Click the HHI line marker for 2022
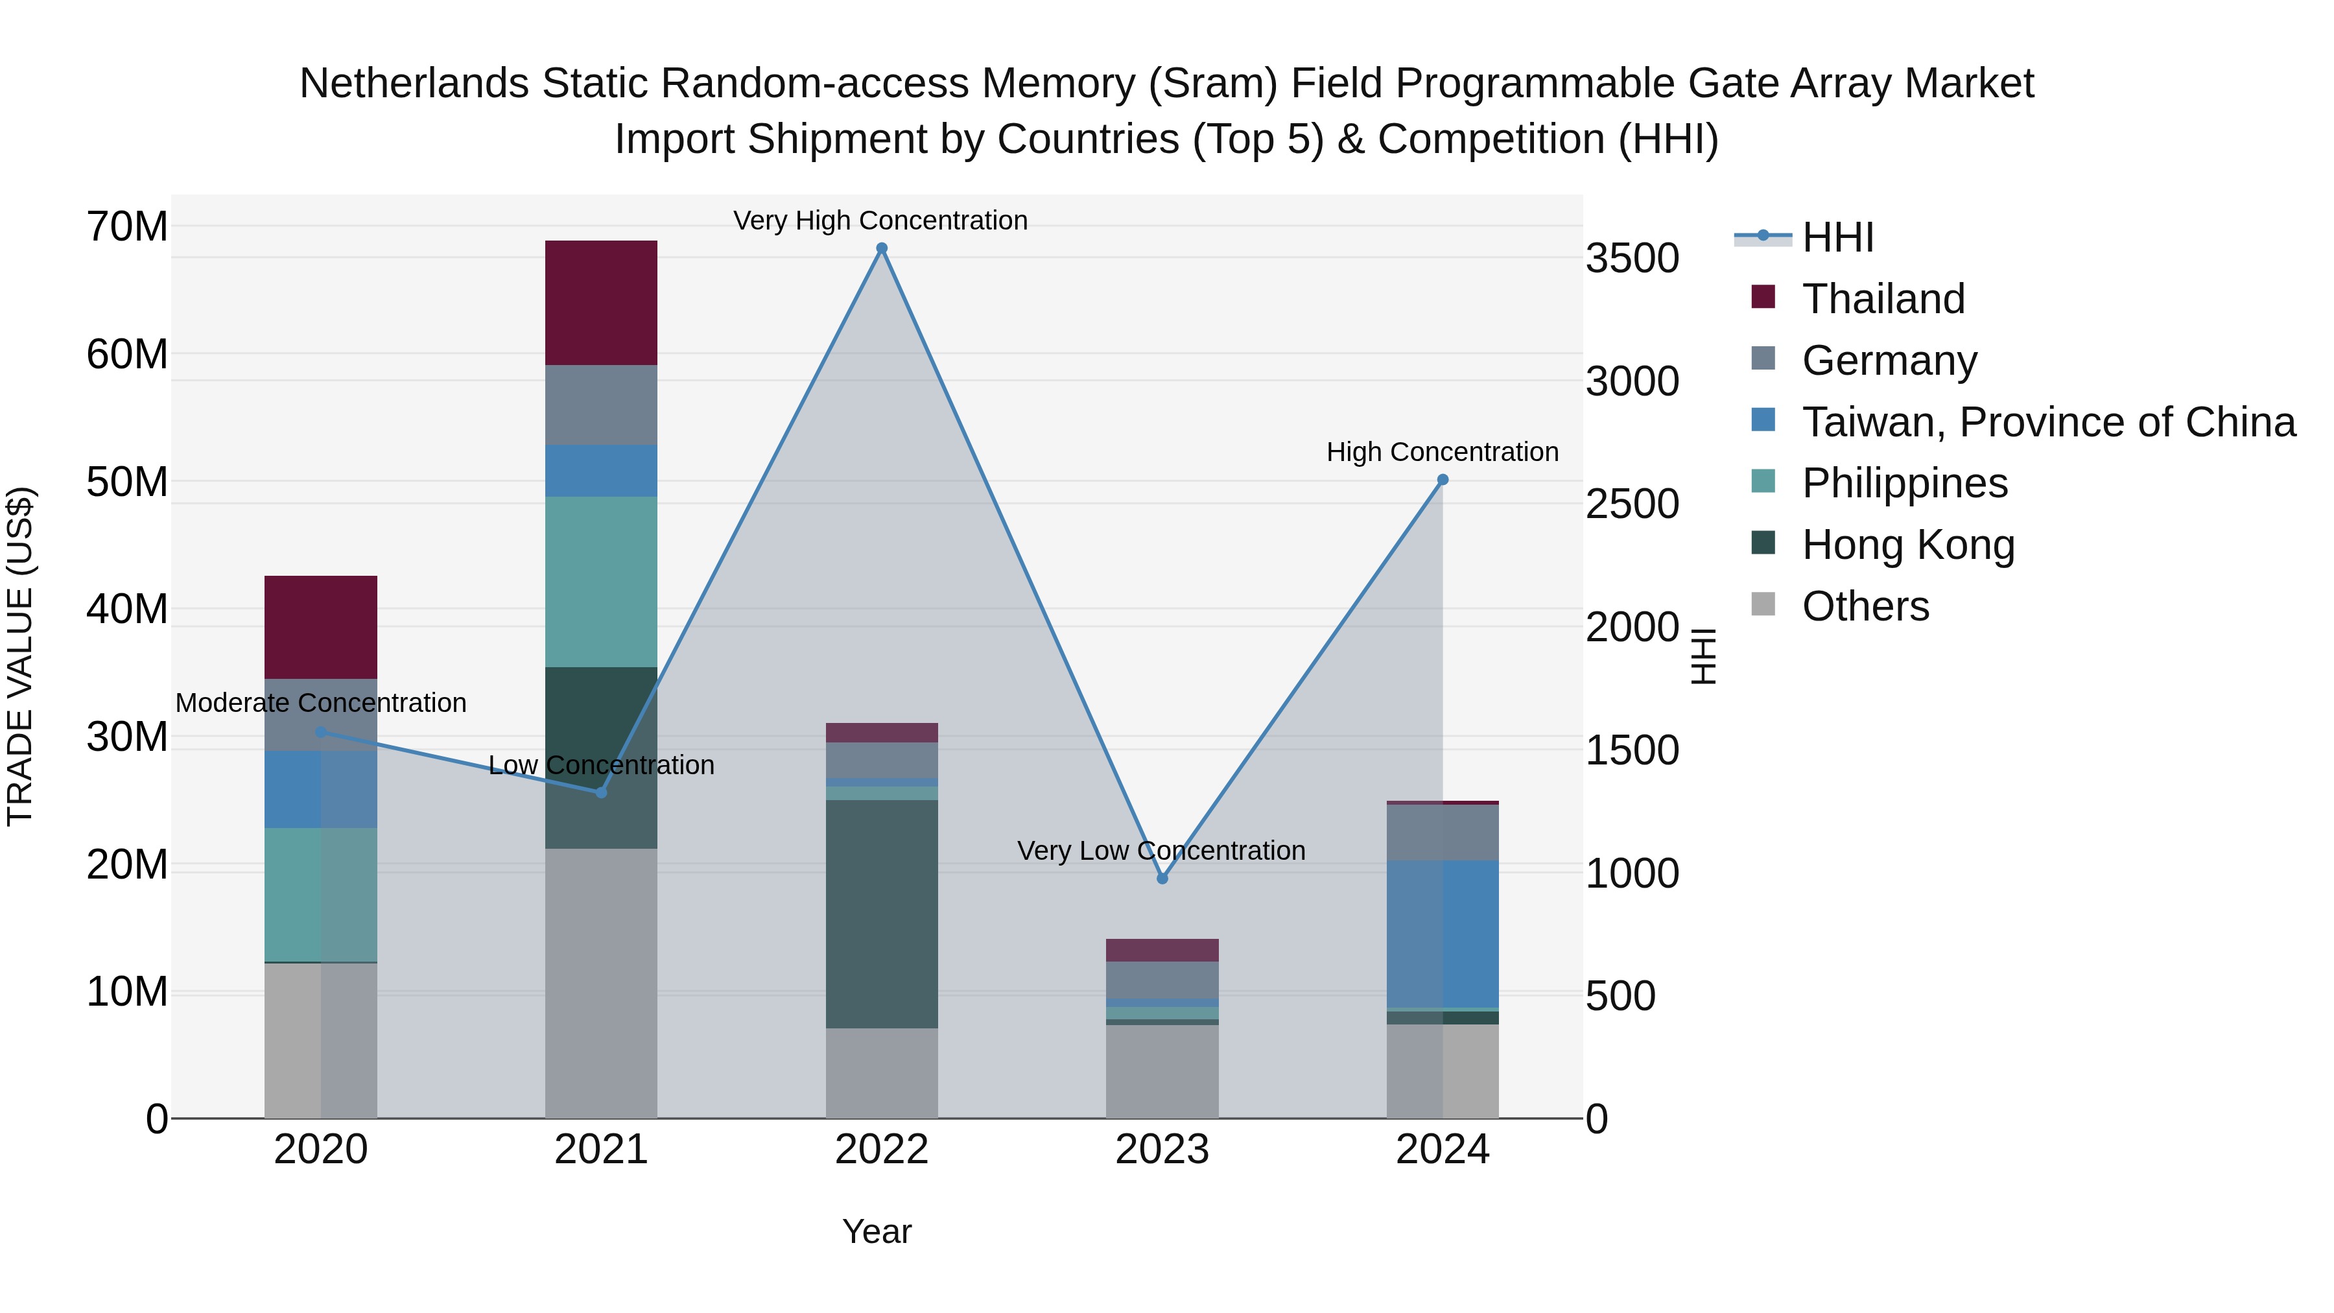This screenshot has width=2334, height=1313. click(x=882, y=248)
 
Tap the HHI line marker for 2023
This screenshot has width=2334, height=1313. click(x=1162, y=878)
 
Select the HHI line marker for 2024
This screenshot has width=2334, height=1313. click(x=1443, y=480)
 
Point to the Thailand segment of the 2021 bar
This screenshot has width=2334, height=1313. click(x=601, y=303)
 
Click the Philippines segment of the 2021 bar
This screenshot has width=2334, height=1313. click(x=601, y=582)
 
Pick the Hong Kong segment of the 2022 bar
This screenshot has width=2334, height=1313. click(x=882, y=914)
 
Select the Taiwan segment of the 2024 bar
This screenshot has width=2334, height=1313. click(x=1443, y=933)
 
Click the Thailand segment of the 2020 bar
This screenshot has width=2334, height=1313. click(x=321, y=627)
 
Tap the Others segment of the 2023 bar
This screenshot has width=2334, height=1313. click(x=1162, y=1071)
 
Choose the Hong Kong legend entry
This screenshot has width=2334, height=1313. click(x=1907, y=545)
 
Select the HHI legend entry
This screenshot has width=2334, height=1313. click(x=1837, y=237)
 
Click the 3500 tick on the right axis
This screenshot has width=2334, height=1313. click(x=1632, y=258)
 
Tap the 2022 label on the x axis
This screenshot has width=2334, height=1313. click(x=882, y=1150)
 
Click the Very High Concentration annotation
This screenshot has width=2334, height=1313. click(x=880, y=220)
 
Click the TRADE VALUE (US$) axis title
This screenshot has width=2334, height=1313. click(x=20, y=656)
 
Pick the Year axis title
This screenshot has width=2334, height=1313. click(x=876, y=1231)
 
